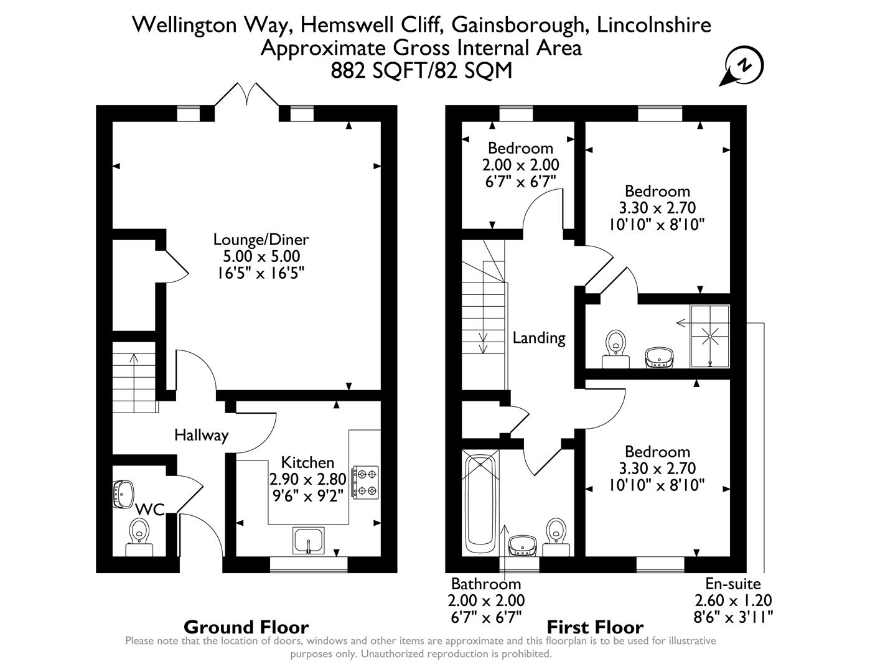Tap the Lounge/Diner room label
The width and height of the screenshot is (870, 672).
261,240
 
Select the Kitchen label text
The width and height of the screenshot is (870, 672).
307,462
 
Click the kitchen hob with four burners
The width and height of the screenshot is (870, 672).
365,482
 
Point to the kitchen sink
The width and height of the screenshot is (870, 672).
309,540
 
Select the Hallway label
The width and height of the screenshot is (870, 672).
201,435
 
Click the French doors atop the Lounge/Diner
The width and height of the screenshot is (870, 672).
246,95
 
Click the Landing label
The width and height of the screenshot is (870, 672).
539,338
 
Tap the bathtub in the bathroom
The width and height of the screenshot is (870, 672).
480,503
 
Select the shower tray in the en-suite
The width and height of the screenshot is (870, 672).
710,337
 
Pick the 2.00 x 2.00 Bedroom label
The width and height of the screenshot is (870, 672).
520,165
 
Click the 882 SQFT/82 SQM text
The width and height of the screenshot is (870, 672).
421,70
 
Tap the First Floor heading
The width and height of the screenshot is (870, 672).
594,627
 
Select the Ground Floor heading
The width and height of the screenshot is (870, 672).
246,627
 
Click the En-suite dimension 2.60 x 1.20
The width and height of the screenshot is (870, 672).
733,600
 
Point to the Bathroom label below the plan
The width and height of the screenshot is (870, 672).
486,584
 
